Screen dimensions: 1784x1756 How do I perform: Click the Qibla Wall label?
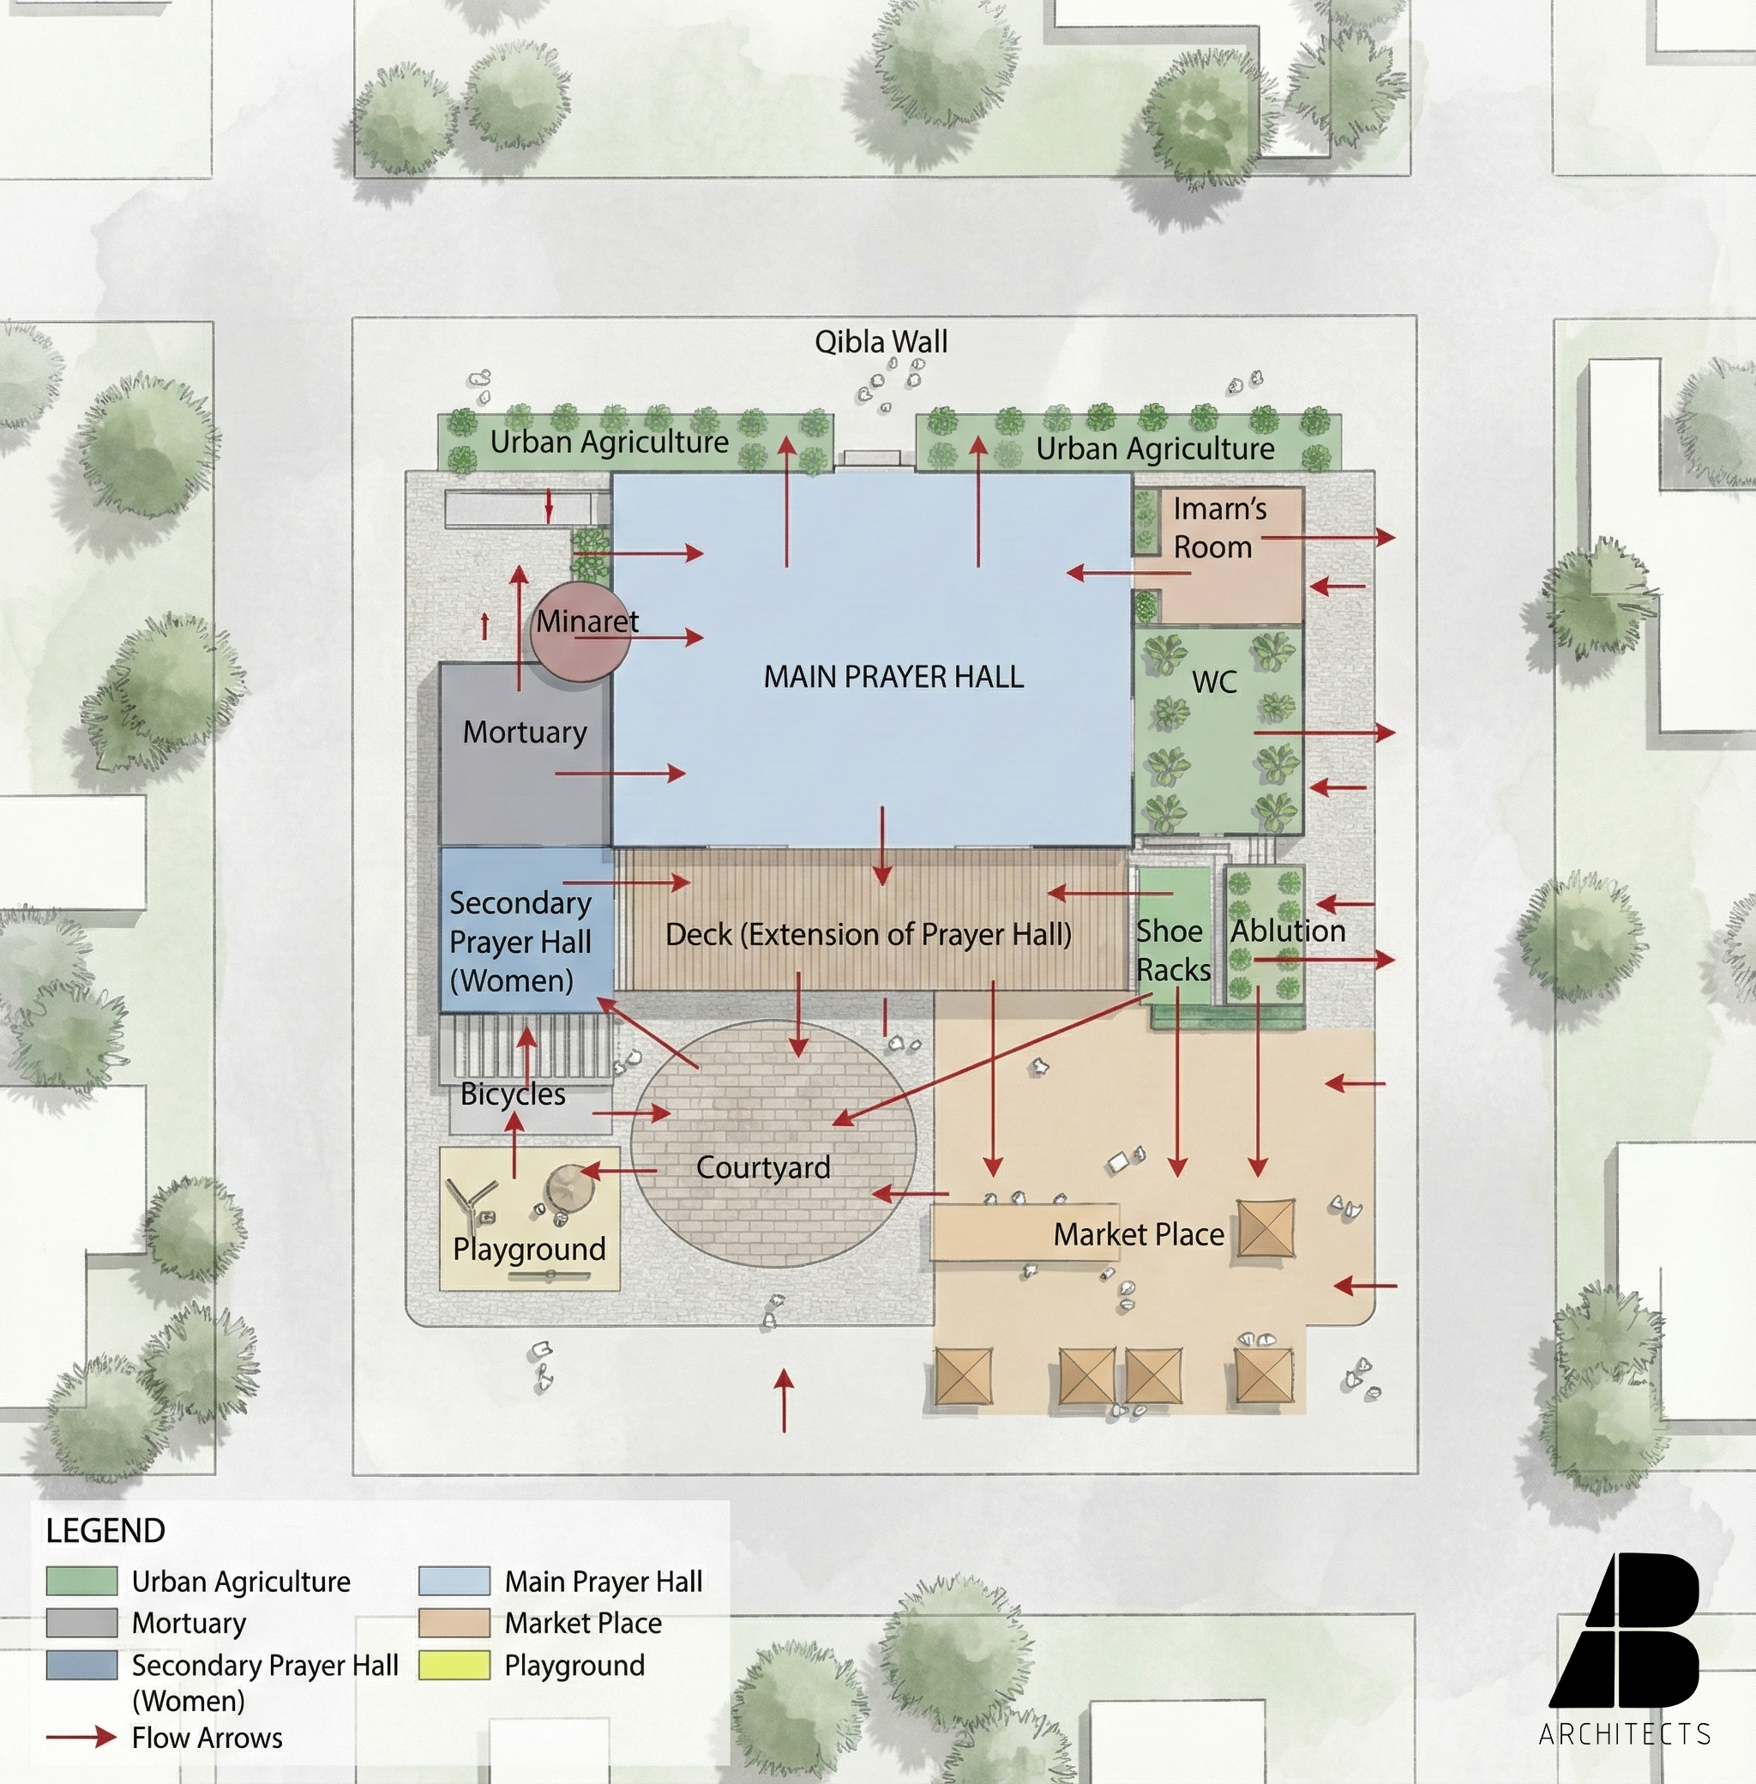[x=881, y=342]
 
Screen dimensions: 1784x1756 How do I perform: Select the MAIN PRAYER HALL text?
[x=893, y=677]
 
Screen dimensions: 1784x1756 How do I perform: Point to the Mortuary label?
[x=525, y=732]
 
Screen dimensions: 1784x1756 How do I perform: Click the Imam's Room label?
[x=1218, y=527]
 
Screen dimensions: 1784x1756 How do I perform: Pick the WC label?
[x=1214, y=683]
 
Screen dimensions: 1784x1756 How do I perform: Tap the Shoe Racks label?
[x=1172, y=950]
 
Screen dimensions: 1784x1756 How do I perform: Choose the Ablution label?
[x=1288, y=931]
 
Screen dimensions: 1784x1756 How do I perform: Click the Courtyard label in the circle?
[x=763, y=1168]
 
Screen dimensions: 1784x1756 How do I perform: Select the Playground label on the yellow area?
[x=529, y=1249]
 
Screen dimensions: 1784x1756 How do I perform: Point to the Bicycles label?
[x=513, y=1094]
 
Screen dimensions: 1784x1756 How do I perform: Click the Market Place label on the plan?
[x=1139, y=1234]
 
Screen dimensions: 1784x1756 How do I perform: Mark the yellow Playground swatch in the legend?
[x=454, y=1665]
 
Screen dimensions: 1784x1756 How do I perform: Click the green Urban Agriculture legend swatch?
[x=82, y=1581]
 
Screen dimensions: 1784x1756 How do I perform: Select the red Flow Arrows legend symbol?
[x=81, y=1738]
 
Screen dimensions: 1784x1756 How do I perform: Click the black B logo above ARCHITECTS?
[x=1625, y=1630]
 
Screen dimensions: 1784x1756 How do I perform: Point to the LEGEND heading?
[x=105, y=1531]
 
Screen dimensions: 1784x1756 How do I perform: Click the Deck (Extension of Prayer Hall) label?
[x=868, y=934]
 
